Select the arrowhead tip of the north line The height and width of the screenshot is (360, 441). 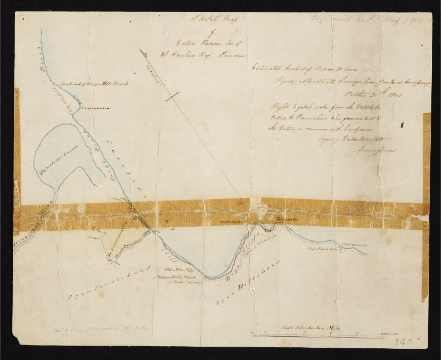coord(141,50)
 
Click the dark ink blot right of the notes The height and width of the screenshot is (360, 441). coord(402,125)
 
